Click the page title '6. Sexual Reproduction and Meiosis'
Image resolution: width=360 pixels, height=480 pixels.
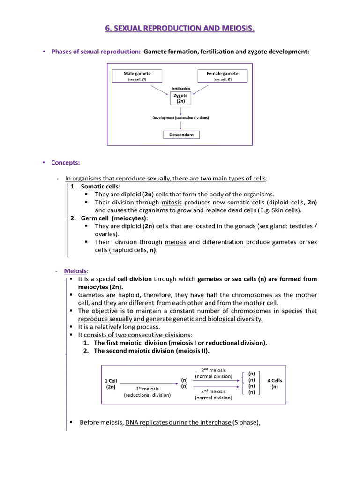pos(180,30)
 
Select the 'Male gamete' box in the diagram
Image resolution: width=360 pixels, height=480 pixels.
pos(136,76)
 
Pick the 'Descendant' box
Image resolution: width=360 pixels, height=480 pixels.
pos(181,135)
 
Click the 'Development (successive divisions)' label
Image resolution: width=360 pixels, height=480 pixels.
pos(180,117)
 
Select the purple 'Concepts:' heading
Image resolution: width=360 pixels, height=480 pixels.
pos(65,163)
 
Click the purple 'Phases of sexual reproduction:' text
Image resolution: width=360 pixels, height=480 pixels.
pos(96,52)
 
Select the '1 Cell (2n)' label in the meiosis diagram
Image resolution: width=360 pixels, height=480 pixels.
pos(111,384)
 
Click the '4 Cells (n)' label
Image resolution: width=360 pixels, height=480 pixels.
pos(275,384)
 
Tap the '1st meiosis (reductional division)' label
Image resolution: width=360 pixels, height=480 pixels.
pos(147,392)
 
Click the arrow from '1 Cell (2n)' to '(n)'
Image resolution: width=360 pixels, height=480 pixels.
pos(148,383)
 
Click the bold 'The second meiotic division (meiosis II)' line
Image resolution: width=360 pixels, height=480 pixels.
pos(151,351)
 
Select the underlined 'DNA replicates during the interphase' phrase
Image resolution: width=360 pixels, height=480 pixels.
pos(178,422)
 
